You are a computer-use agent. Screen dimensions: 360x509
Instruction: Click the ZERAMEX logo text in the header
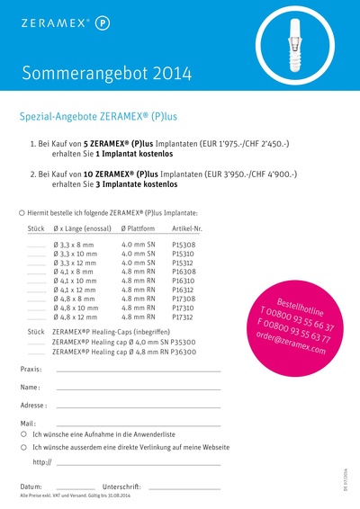tap(52, 19)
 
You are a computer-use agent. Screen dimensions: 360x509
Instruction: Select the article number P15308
tap(184, 245)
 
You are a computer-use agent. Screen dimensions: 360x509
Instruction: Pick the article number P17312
tap(184, 317)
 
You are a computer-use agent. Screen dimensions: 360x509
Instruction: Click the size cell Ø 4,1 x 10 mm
tap(74, 281)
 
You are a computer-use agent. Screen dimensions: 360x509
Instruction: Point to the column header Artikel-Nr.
tap(186, 230)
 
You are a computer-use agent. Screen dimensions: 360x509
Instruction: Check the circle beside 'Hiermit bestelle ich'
tap(22, 212)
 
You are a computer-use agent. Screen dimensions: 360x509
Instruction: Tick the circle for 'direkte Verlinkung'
tap(22, 446)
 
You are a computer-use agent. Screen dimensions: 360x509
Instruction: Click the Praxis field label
tap(31, 370)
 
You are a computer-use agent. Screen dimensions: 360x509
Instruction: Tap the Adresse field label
tap(33, 406)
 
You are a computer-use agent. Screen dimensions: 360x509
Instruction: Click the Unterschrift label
tap(122, 486)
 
